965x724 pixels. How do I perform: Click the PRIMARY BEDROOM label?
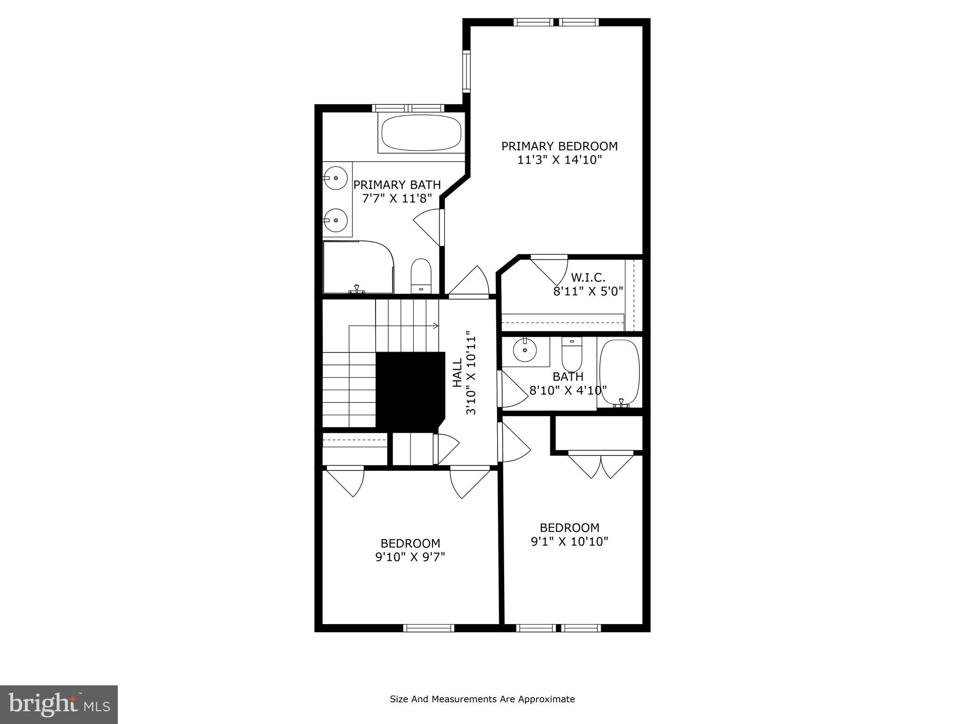(559, 146)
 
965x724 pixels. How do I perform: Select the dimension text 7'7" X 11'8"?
(397, 198)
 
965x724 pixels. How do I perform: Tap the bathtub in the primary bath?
(421, 133)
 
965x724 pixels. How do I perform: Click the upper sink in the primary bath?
(335, 178)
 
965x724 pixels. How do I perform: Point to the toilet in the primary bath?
(421, 276)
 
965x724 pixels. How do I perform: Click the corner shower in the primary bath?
(357, 267)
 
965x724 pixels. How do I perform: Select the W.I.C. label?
(588, 277)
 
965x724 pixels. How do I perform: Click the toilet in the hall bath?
(572, 356)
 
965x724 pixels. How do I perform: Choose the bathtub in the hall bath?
(619, 372)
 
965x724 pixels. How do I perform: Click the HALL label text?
(458, 372)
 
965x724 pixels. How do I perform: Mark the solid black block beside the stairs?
(409, 389)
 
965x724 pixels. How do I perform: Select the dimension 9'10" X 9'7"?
(410, 557)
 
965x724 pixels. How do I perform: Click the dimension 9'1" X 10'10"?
(569, 542)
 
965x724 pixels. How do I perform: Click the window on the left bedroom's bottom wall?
(428, 627)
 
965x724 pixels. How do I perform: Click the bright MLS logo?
(59, 704)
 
